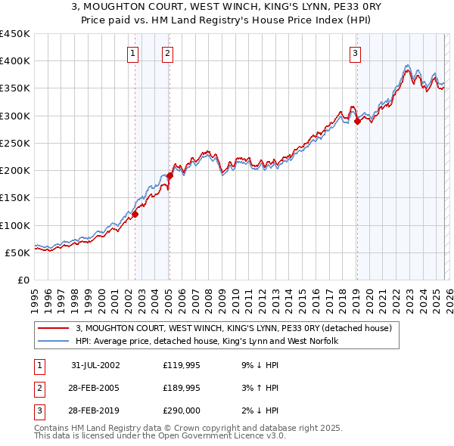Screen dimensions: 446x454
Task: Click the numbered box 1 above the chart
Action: (x=132, y=53)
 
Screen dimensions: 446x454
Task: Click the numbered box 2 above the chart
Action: (x=166, y=53)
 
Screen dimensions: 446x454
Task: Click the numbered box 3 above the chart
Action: (x=354, y=53)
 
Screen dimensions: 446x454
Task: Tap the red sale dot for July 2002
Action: (x=135, y=214)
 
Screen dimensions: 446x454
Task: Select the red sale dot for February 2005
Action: (x=169, y=176)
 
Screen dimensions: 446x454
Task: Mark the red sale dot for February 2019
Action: (x=357, y=121)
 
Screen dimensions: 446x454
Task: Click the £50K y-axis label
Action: (x=18, y=252)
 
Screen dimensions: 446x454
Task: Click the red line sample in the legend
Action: (x=54, y=329)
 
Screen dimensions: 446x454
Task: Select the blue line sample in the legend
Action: (x=54, y=342)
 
